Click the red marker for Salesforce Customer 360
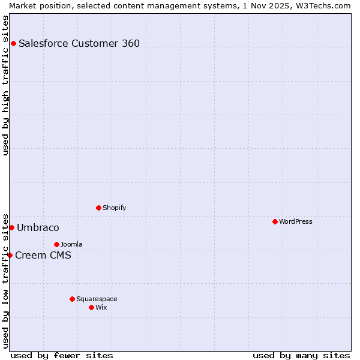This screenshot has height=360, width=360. point(13,43)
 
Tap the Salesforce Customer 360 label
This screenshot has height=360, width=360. point(79,43)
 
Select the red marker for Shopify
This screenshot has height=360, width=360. point(98,208)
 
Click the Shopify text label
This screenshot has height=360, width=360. point(114,208)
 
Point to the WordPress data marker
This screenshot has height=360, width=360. point(275,221)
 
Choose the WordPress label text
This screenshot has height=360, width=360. point(295,222)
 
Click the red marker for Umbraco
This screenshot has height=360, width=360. point(11,227)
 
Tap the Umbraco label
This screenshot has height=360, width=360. point(38,228)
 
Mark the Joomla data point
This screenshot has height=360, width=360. point(56,244)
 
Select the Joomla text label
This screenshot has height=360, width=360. point(71,245)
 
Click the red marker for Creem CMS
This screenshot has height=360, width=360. point(10,255)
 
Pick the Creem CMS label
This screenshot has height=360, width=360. point(43,256)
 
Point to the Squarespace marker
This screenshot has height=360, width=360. point(72,299)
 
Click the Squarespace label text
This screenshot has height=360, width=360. point(97,299)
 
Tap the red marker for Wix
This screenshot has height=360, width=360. point(91,307)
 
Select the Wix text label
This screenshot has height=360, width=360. point(101,308)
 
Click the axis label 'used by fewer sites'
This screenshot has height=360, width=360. point(62,355)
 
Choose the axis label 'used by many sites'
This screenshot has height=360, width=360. point(301,355)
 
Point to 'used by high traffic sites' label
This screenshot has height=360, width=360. point(5,85)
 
